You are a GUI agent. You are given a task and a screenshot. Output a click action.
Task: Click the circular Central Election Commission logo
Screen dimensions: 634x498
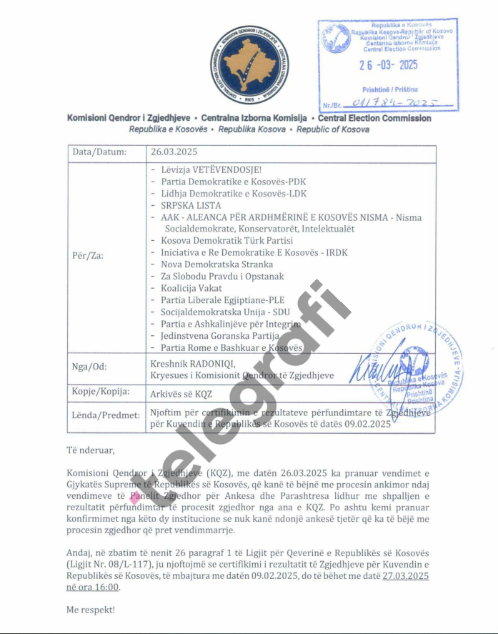[250, 65]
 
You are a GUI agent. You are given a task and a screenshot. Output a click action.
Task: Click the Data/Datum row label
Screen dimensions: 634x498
[99, 152]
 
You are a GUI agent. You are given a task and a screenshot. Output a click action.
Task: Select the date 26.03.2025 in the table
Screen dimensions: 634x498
[174, 152]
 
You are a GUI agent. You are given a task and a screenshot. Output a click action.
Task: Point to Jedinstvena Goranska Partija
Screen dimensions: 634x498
[219, 335]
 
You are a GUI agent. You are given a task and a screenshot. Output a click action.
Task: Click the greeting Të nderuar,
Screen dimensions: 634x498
[90, 451]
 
